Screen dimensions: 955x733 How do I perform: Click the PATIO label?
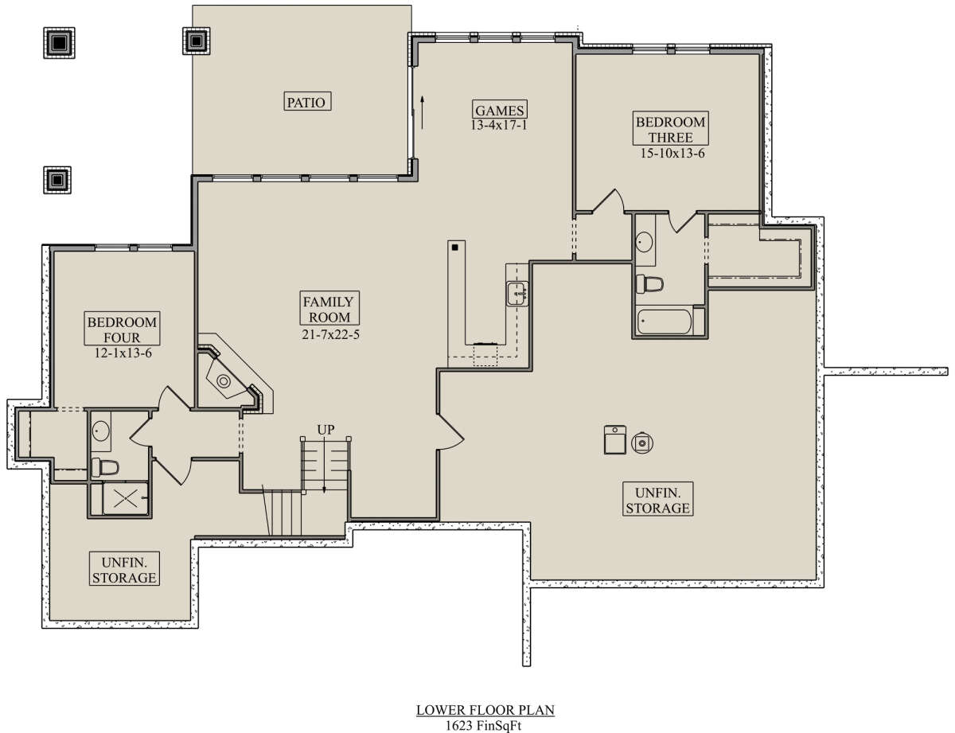click(306, 102)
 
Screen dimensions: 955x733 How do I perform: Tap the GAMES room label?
click(500, 110)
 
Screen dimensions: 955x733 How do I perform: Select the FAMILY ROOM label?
click(329, 309)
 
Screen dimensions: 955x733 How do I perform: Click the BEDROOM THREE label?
click(670, 129)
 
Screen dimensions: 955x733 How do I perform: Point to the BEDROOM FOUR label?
click(122, 329)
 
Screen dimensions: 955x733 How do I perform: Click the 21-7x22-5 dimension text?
click(330, 334)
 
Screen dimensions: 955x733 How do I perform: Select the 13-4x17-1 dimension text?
click(499, 125)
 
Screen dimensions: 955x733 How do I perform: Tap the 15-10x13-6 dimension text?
click(672, 154)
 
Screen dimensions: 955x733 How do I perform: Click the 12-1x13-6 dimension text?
click(123, 353)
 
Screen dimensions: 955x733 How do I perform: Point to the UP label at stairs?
click(325, 429)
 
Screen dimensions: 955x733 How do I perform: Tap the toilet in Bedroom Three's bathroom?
click(650, 283)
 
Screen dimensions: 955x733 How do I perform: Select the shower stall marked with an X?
click(125, 498)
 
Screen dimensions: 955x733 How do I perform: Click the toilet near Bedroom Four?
click(105, 467)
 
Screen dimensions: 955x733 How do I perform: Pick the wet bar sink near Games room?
click(516, 293)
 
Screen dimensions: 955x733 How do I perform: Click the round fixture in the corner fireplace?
click(224, 381)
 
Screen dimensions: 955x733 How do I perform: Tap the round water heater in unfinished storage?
click(642, 443)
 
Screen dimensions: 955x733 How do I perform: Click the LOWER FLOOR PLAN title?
click(485, 710)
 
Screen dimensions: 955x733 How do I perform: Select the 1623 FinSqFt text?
click(483, 725)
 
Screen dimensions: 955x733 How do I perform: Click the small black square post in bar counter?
click(455, 248)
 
